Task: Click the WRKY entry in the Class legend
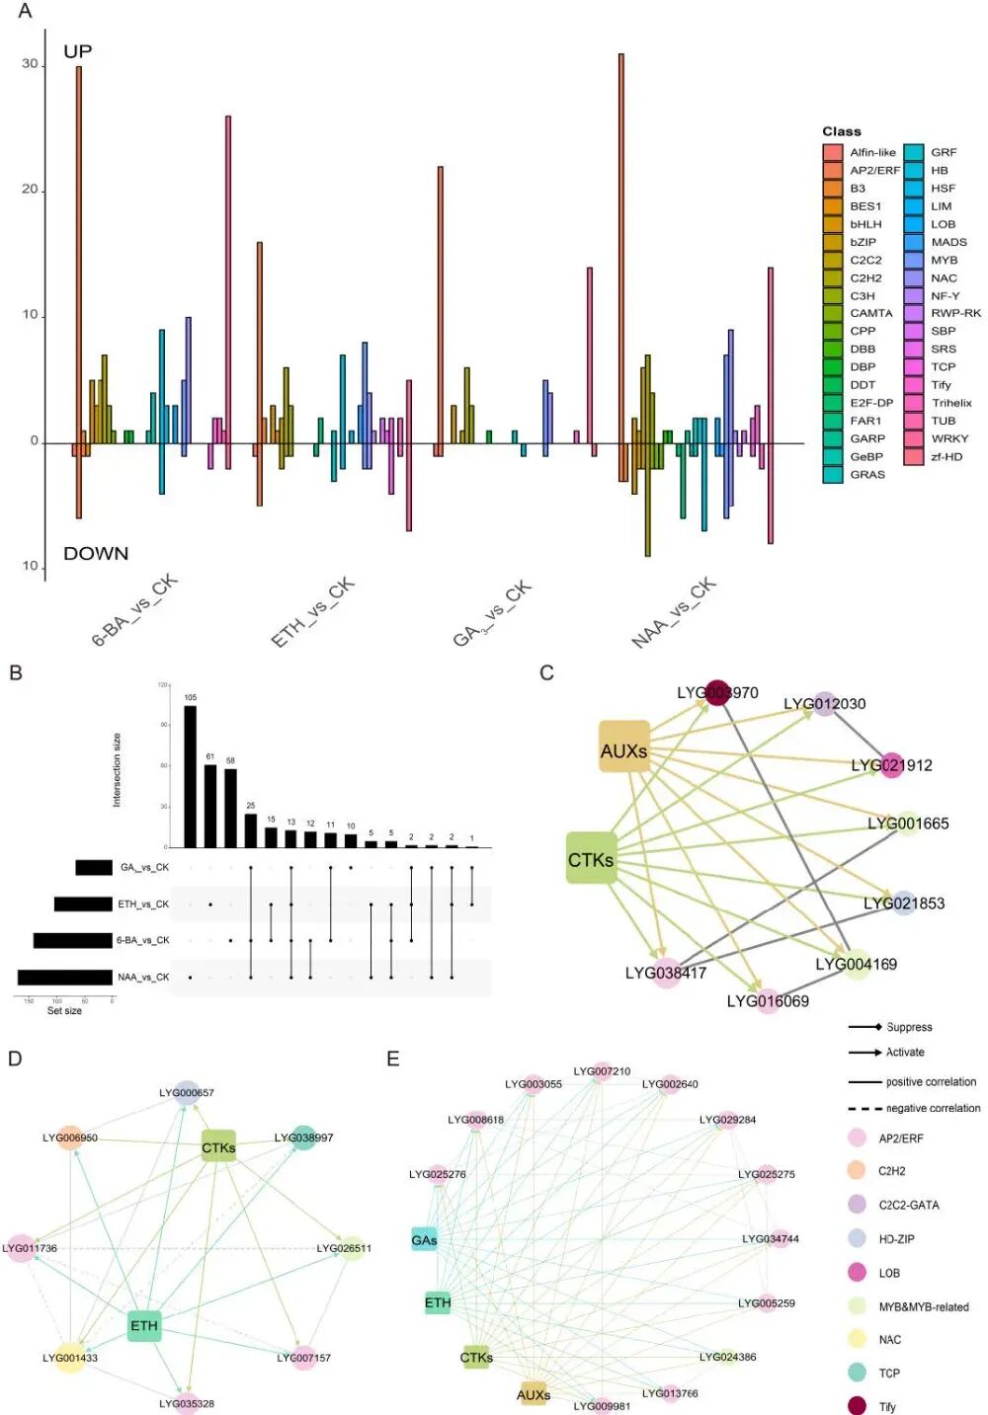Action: point(948,438)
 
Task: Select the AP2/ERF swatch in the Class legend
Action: point(833,170)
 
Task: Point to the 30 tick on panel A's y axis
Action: point(31,63)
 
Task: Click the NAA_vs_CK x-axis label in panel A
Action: point(674,612)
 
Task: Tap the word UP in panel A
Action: point(78,51)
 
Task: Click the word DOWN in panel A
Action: point(96,553)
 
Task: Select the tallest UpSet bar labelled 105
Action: point(191,776)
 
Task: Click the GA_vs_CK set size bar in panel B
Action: point(94,868)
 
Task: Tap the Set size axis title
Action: point(65,1011)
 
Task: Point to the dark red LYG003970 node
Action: point(717,692)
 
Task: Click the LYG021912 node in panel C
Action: point(891,765)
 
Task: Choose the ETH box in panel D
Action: point(144,1325)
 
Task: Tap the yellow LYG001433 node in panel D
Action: point(70,1359)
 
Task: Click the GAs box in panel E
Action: point(424,1240)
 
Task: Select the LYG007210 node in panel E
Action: point(602,1072)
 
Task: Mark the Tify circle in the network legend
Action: point(858,1406)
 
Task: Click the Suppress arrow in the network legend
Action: point(865,1027)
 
